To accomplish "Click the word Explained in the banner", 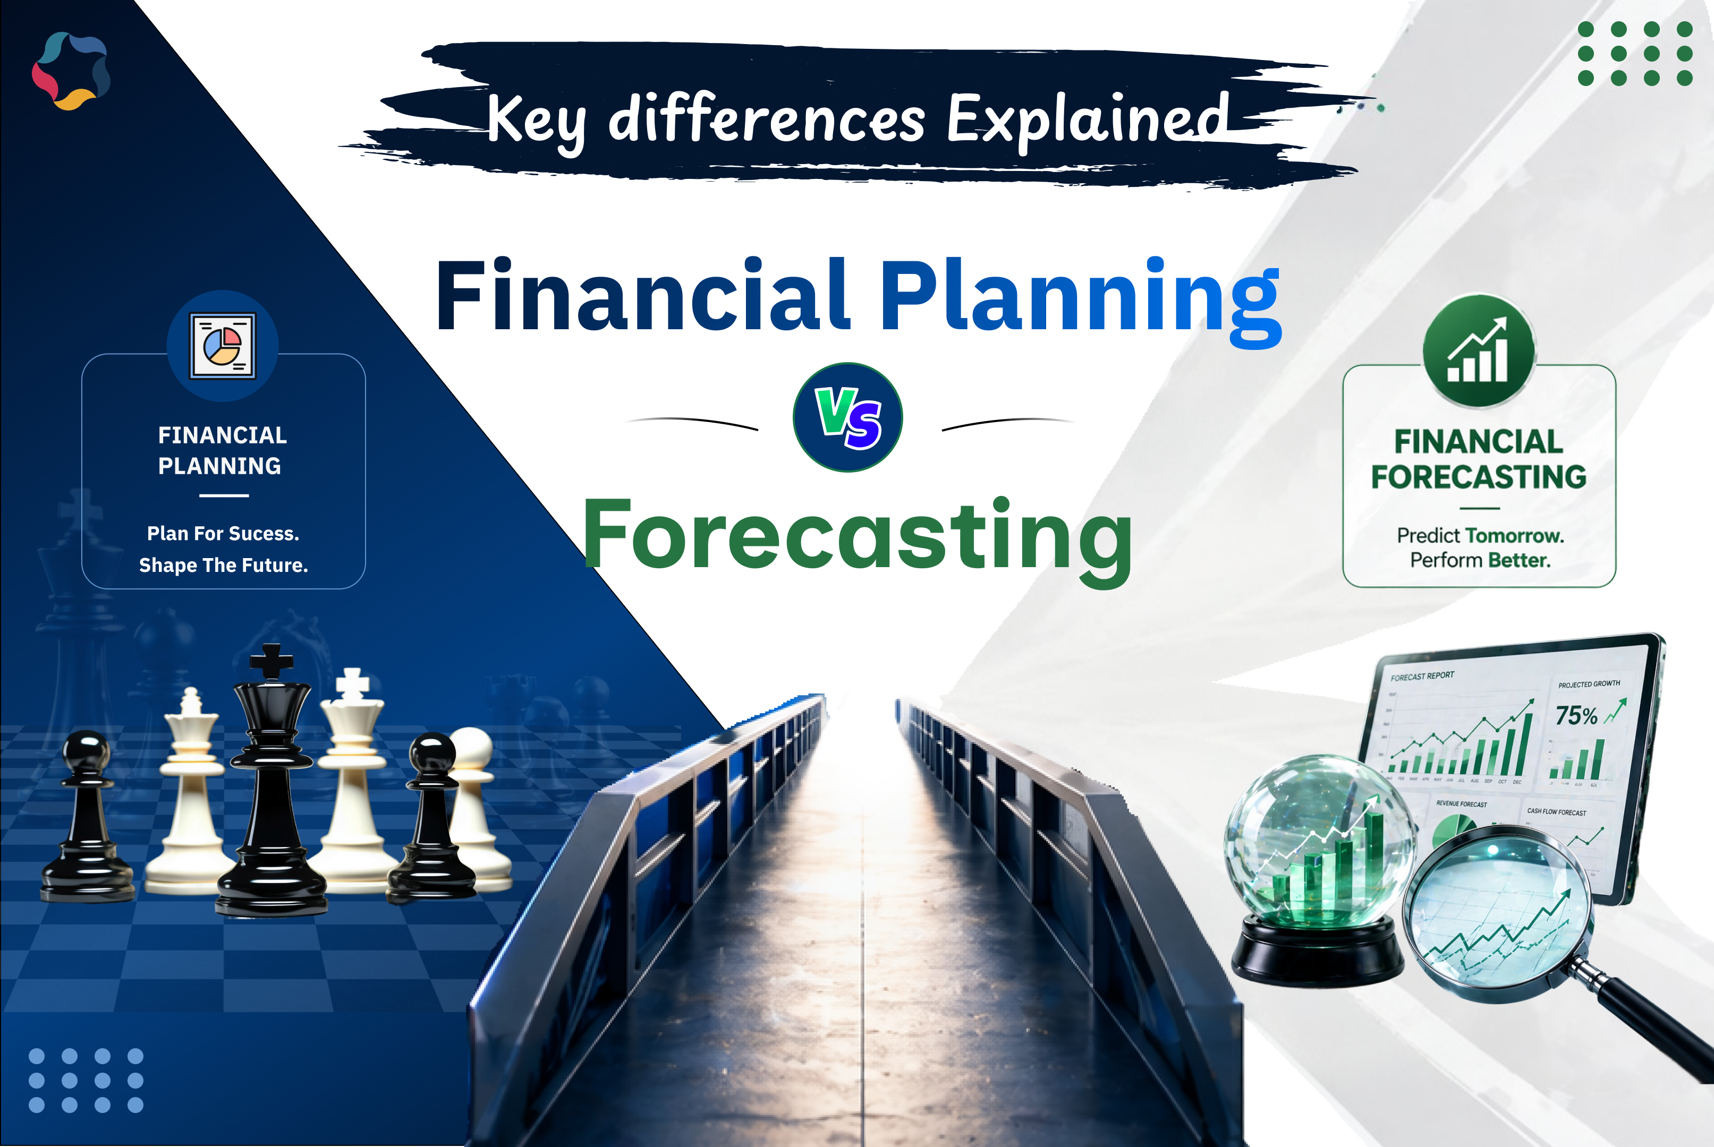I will (1088, 119).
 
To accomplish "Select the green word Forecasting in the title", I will (857, 535).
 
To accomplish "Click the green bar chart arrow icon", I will (1478, 351).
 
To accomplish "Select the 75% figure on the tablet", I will (1576, 715).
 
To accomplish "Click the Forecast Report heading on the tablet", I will (1422, 676).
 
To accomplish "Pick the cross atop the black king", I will (271, 660).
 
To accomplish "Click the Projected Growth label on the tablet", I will (1589, 684).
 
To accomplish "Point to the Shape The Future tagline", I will (223, 566).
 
